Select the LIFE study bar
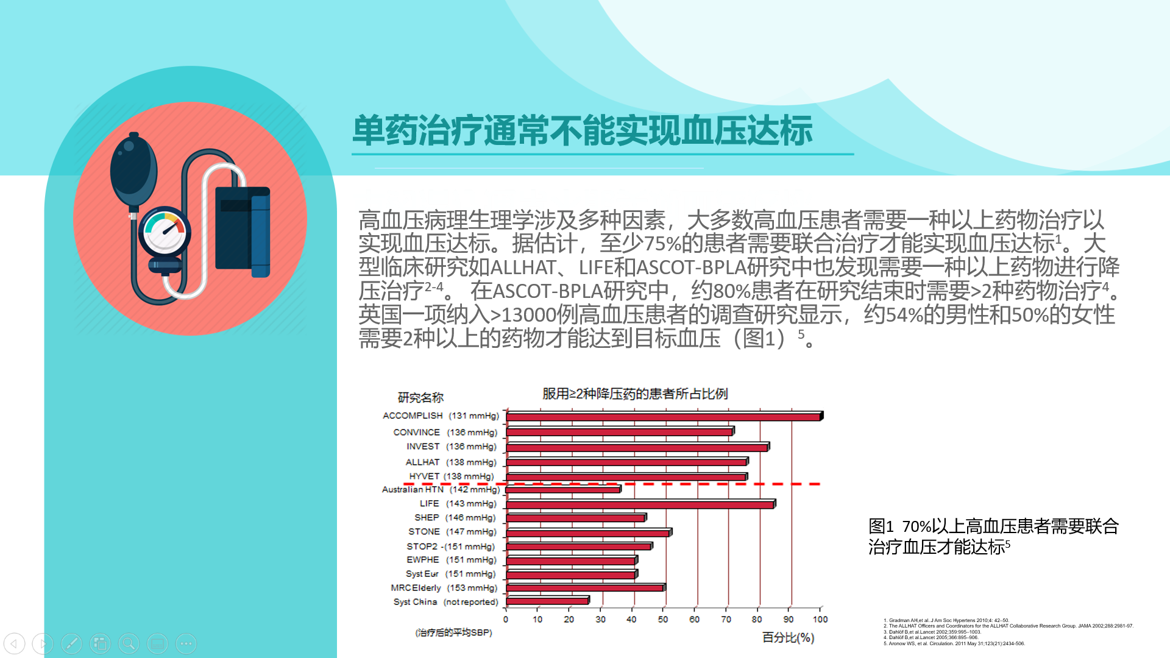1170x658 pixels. [640, 504]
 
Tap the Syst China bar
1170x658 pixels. [547, 601]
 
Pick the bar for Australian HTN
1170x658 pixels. [563, 490]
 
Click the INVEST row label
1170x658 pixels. [451, 447]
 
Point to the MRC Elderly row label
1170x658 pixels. [444, 588]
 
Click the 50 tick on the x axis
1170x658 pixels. [662, 619]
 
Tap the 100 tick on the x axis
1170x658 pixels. [820, 619]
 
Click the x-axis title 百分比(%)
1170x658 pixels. [788, 637]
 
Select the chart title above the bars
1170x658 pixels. [635, 394]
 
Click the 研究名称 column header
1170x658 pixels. [420, 398]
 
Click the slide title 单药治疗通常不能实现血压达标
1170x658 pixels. [582, 130]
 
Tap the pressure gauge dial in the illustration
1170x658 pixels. [165, 233]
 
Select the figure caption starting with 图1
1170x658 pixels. [993, 536]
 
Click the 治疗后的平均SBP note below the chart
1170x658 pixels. [453, 632]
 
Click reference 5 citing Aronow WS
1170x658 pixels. [954, 643]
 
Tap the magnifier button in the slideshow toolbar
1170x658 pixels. [129, 643]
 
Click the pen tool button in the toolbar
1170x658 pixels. [71, 643]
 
